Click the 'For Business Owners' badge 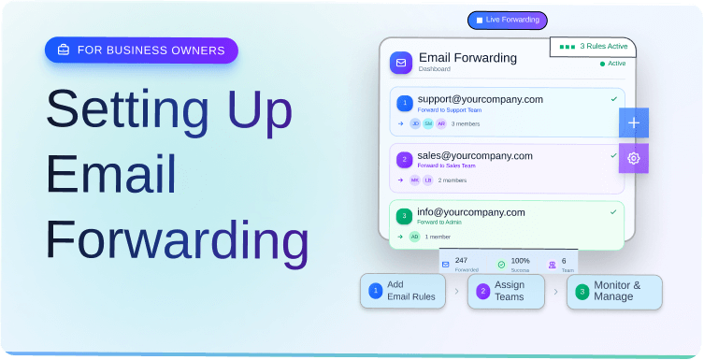141,50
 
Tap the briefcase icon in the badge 64,50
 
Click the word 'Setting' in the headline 122,109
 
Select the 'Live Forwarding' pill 507,20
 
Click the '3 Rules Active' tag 593,46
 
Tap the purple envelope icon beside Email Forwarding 401,63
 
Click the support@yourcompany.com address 480,99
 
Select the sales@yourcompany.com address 475,155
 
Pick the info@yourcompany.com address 471,212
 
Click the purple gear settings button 633,158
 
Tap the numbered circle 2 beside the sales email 404,159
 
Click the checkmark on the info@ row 613,212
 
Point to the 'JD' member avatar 415,123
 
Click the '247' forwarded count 461,260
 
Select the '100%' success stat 520,260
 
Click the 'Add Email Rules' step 403,291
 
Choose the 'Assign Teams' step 506,291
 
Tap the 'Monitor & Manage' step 614,291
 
